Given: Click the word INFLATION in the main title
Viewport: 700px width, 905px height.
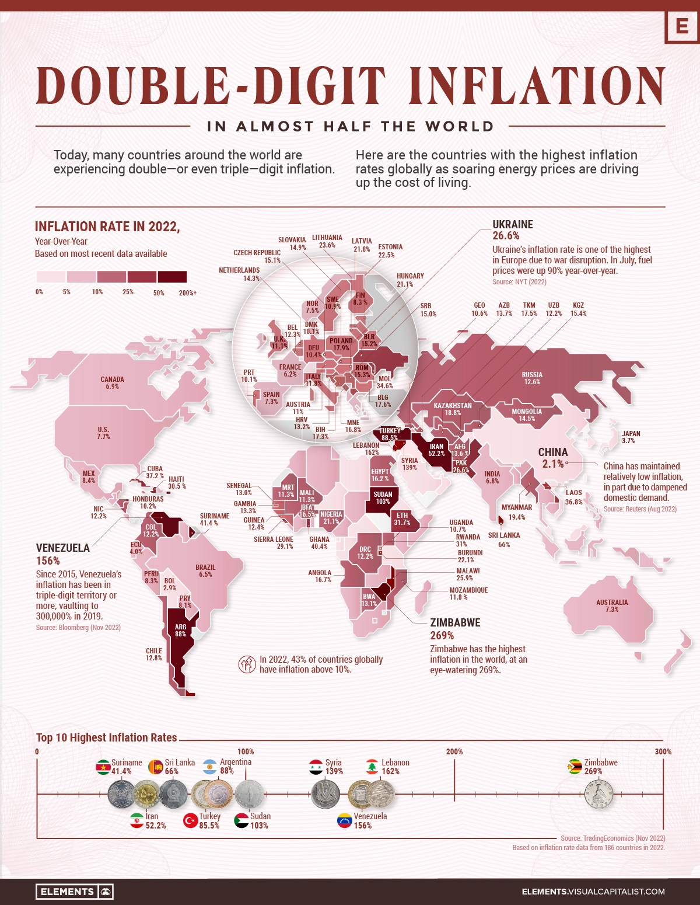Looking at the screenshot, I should pyautogui.click(x=536, y=86).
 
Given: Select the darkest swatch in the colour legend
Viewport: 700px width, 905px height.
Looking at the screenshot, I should pyautogui.click(x=172, y=277).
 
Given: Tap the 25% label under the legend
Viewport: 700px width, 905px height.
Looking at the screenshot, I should pyautogui.click(x=128, y=292).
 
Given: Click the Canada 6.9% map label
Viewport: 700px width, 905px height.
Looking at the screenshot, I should pyautogui.click(x=112, y=383).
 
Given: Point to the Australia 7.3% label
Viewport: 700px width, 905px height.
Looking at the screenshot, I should pyautogui.click(x=612, y=605).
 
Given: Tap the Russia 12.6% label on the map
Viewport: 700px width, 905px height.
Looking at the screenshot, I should pyautogui.click(x=532, y=378).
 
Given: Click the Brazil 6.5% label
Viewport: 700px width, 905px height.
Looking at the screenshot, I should pyautogui.click(x=205, y=570).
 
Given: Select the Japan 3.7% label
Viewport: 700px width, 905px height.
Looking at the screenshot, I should pyautogui.click(x=631, y=437).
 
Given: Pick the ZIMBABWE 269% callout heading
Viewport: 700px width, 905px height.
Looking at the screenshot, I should pyautogui.click(x=455, y=629).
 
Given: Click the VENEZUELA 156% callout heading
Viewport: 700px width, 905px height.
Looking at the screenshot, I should pyautogui.click(x=62, y=554).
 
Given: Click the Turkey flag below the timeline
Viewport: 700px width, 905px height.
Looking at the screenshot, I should pyautogui.click(x=191, y=820).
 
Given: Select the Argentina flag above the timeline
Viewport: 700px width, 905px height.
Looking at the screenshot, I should pyautogui.click(x=210, y=766).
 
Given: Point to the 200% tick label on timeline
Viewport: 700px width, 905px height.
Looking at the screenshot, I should pyautogui.click(x=454, y=751).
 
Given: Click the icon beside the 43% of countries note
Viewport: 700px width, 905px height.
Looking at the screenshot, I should pyautogui.click(x=247, y=664).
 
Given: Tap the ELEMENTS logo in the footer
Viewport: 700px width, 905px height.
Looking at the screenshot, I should pyautogui.click(x=75, y=892).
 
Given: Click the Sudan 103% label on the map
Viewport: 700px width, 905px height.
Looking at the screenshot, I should pyautogui.click(x=383, y=497).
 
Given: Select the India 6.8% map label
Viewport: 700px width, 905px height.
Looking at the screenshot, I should pyautogui.click(x=492, y=478).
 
